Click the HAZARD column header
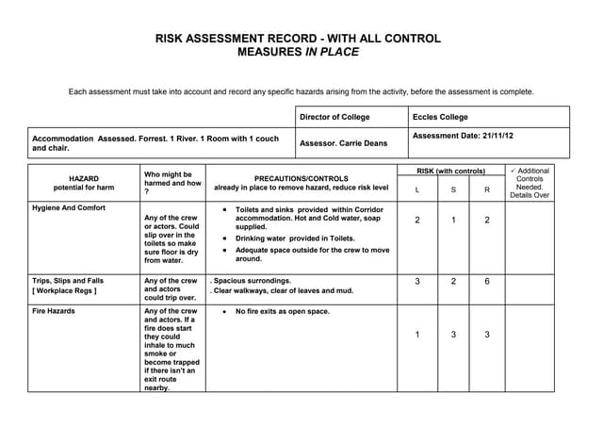click(x=84, y=177)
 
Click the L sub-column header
click(x=416, y=189)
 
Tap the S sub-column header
click(x=452, y=189)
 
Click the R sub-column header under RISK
click(x=487, y=189)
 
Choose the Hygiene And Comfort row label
click(x=69, y=207)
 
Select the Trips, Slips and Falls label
click(x=68, y=281)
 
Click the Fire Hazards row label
click(x=53, y=310)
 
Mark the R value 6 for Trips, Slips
click(x=487, y=281)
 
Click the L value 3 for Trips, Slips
click(x=417, y=281)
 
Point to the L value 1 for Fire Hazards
click(x=417, y=335)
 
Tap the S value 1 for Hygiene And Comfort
click(x=452, y=220)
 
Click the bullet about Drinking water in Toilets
click(x=294, y=239)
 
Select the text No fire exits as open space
click(x=283, y=310)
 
